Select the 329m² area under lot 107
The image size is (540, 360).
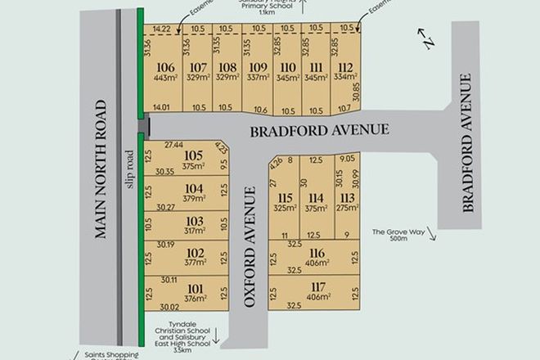click(197, 79)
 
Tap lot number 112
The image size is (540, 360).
click(346, 67)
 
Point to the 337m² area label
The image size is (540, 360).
click(258, 79)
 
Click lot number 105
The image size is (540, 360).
click(193, 155)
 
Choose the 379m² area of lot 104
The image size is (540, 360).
click(193, 197)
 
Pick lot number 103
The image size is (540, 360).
click(194, 221)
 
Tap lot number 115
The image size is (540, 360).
click(285, 197)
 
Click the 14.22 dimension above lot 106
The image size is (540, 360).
click(163, 29)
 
